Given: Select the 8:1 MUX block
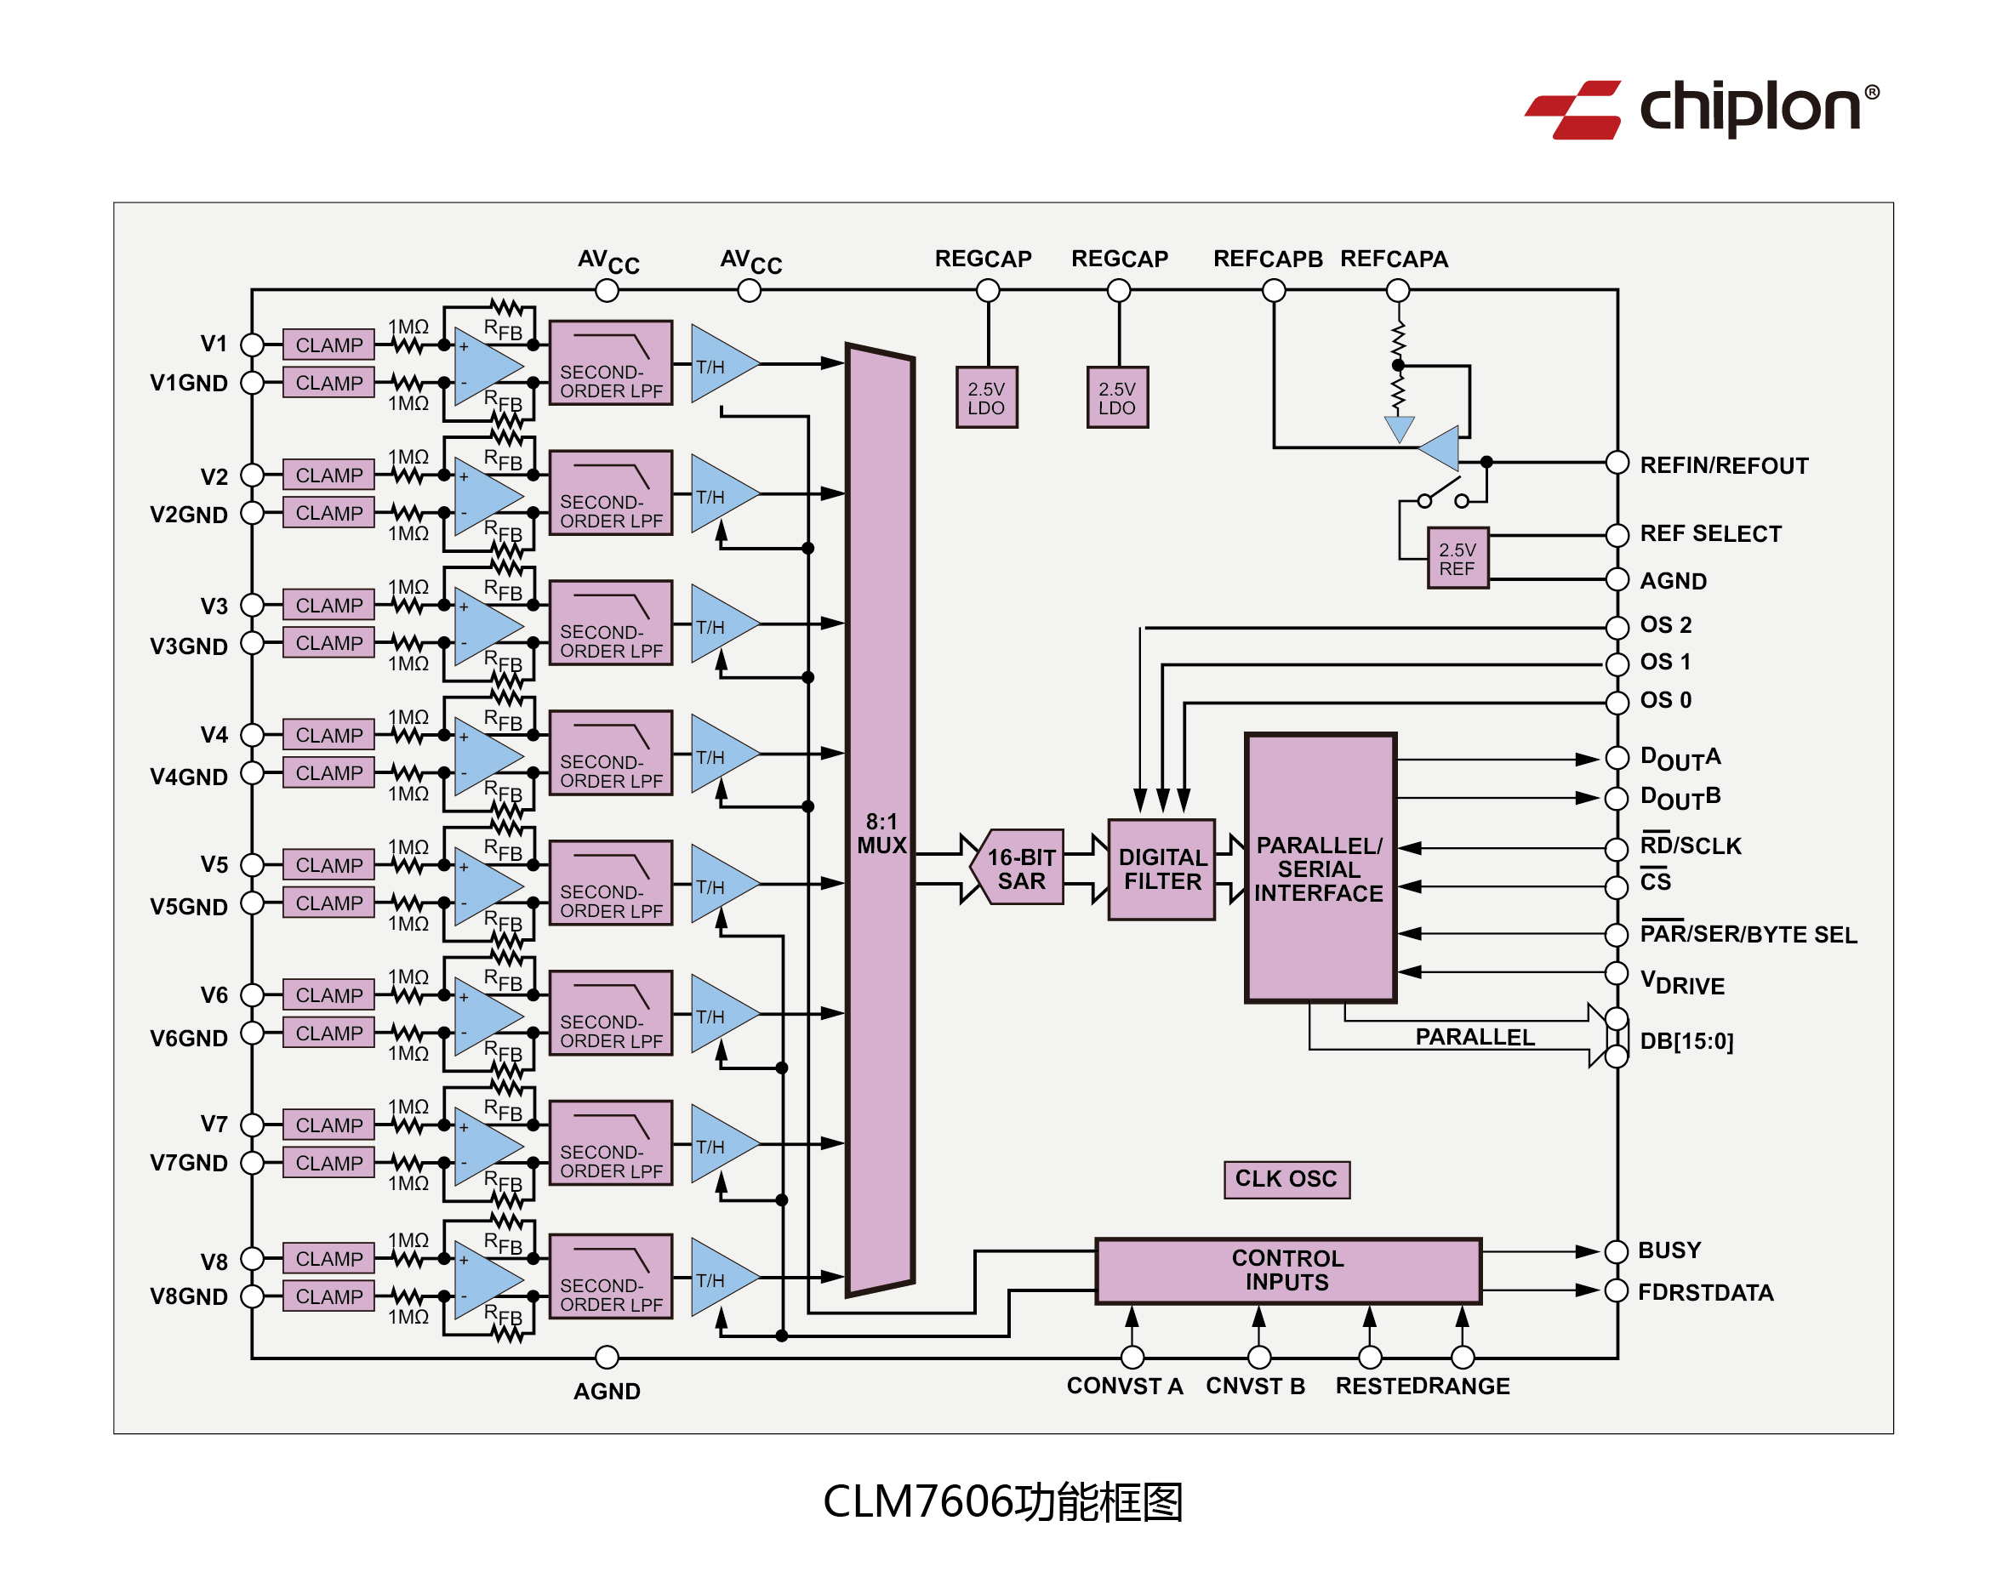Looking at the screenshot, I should coord(879,818).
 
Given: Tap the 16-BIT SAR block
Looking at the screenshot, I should coord(1020,868).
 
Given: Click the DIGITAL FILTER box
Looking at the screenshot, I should coord(1161,869).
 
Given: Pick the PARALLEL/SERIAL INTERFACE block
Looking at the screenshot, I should coord(1319,867).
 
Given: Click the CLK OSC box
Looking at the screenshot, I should coord(1285,1178).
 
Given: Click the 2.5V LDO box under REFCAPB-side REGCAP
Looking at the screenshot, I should coord(1116,397).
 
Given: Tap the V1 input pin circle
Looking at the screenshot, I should coord(251,345).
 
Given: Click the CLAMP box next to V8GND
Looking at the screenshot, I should coord(328,1295).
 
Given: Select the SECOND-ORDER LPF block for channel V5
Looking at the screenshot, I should coord(610,881).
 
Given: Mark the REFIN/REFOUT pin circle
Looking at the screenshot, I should coord(1617,463).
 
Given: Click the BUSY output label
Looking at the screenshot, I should coord(1669,1250).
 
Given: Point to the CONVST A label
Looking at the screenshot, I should coord(1124,1385).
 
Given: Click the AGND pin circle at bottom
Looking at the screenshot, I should coord(607,1357).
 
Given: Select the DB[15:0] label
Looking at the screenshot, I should coord(1686,1040).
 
